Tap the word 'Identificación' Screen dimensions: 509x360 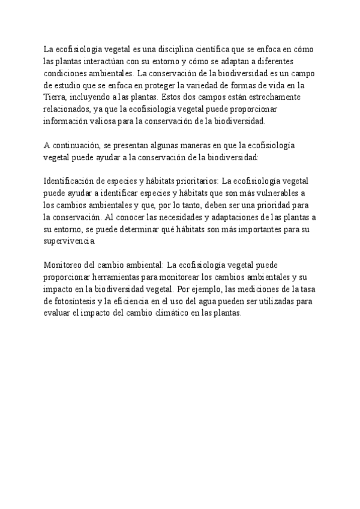[x=71, y=181]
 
